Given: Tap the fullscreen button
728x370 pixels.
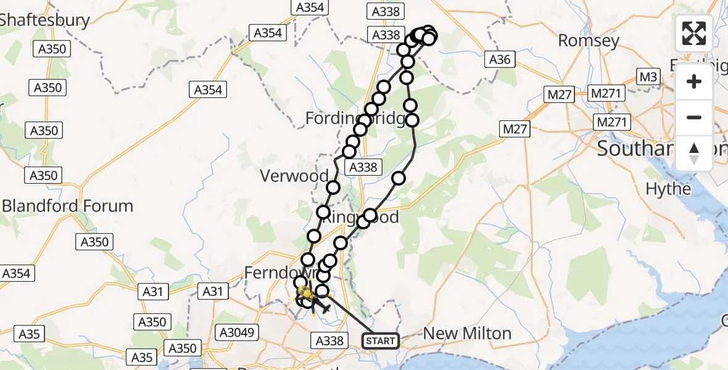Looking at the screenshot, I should [x=694, y=33].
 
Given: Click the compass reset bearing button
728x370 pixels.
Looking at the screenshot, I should [x=694, y=153].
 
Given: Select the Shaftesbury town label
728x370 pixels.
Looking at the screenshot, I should [x=44, y=19].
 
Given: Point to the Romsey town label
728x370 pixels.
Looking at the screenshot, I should [x=589, y=41].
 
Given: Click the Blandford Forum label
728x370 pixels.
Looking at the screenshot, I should [x=67, y=205].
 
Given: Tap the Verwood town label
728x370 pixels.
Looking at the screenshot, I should [x=294, y=176].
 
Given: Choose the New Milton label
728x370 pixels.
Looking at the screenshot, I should [x=467, y=334].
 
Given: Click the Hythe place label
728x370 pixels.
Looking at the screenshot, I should [x=668, y=189].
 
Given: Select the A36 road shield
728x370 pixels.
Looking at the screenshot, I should [x=500, y=59].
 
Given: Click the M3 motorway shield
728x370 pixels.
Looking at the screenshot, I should [x=648, y=76].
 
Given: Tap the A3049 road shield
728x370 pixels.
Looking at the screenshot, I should [x=237, y=332].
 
